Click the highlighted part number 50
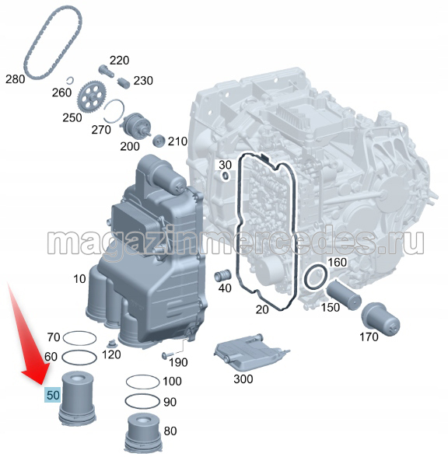pyautogui.click(x=53, y=395)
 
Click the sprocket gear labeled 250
pyautogui.click(x=92, y=96)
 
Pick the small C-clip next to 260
pyautogui.click(x=71, y=80)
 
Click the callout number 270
pyautogui.click(x=101, y=129)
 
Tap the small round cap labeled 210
pyautogui.click(x=159, y=141)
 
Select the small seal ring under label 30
pyautogui.click(x=226, y=176)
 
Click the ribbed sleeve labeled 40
pyautogui.click(x=223, y=275)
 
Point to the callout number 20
pyautogui.click(x=262, y=309)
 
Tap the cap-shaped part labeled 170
pyautogui.click(x=380, y=319)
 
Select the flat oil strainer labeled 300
pyautogui.click(x=251, y=352)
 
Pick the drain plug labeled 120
pyautogui.click(x=110, y=344)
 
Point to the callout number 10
pyautogui.click(x=79, y=279)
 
